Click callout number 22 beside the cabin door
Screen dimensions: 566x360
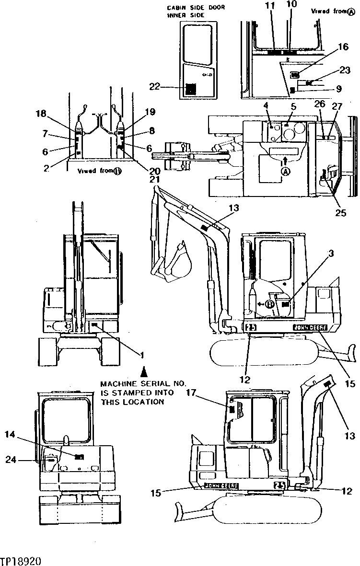pyautogui.click(x=154, y=87)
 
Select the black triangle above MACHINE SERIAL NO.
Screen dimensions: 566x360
pyautogui.click(x=143, y=371)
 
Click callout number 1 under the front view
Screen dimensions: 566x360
pyautogui.click(x=142, y=355)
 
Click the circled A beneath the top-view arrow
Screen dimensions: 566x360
pyautogui.click(x=285, y=171)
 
